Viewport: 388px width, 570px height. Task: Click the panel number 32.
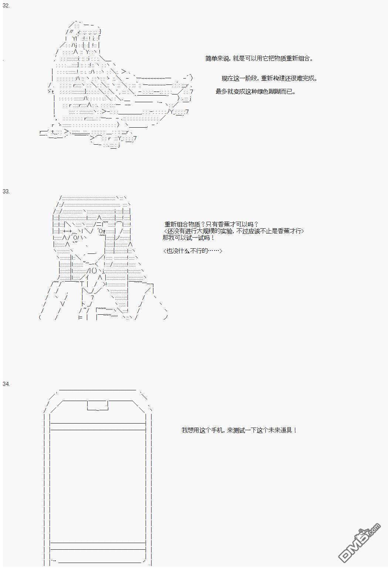click(6, 6)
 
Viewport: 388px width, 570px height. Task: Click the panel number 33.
click(6, 191)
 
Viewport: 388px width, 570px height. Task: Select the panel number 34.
click(6, 384)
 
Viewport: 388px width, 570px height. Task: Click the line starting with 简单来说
click(259, 59)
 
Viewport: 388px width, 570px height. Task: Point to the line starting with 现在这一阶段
click(270, 78)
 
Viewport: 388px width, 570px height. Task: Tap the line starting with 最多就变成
click(256, 91)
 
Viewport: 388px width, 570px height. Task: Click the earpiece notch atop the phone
click(98, 405)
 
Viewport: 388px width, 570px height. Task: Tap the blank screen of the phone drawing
click(98, 486)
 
